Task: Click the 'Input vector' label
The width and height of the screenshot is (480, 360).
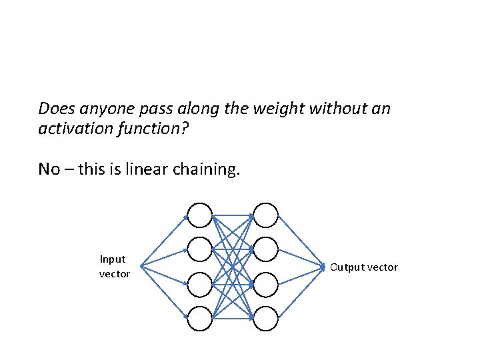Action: pyautogui.click(x=114, y=266)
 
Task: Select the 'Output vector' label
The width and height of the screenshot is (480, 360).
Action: pyautogui.click(x=364, y=267)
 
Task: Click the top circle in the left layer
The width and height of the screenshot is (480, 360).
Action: pyautogui.click(x=199, y=215)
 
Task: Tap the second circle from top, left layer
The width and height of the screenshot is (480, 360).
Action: pyautogui.click(x=199, y=250)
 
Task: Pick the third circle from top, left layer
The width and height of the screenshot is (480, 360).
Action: pyautogui.click(x=199, y=285)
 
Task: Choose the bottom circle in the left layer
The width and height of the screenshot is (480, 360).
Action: pyautogui.click(x=199, y=319)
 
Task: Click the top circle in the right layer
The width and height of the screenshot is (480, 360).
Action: pyautogui.click(x=265, y=215)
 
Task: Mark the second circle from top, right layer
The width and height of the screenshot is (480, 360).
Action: pyautogui.click(x=265, y=250)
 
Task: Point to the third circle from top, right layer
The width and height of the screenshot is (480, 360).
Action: pyautogui.click(x=265, y=285)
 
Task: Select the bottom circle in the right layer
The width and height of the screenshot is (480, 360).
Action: pyautogui.click(x=265, y=319)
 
